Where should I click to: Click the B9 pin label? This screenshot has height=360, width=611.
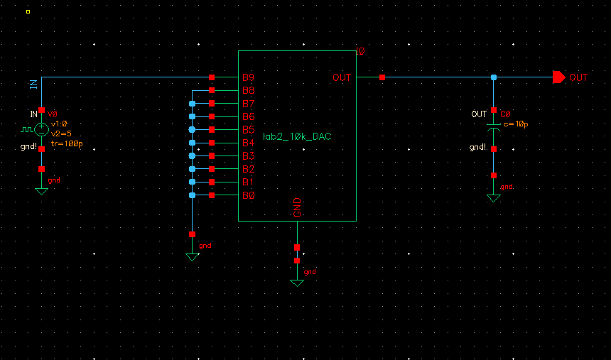pos(248,77)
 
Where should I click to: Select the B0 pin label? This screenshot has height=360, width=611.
pos(248,195)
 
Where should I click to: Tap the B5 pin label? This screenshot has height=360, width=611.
pos(248,130)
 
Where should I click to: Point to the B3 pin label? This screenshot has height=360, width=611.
pos(248,156)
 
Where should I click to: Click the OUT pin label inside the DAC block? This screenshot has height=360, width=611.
pos(342,77)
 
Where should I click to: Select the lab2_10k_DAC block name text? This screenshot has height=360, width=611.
pos(297,136)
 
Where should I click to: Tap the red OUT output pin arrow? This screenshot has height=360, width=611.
pos(558,77)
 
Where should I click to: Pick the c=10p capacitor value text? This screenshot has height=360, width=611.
pos(516,124)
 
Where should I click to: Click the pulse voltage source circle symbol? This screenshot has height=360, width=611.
pos(41,129)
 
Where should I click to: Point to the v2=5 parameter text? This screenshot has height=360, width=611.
pos(62,133)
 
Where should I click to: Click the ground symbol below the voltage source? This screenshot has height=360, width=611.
pos(41,190)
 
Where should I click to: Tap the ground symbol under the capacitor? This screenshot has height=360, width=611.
pos(494,197)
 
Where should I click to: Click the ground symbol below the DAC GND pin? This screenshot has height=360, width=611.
pos(297,282)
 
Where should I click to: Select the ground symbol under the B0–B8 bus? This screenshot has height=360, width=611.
pos(192,256)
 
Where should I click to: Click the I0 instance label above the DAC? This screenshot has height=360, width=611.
pos(359,52)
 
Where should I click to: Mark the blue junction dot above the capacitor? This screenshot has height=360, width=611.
pos(494,77)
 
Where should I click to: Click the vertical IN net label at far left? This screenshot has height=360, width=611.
pos(33,84)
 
